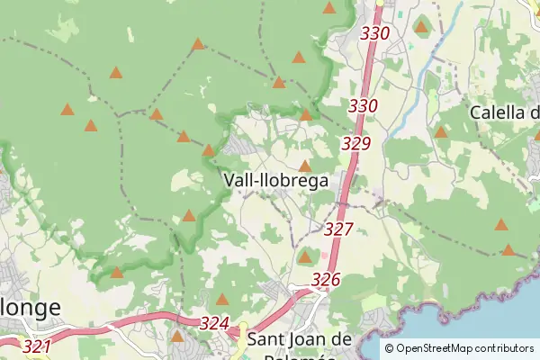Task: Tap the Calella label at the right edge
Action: pos(504,113)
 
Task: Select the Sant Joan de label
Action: pos(299,339)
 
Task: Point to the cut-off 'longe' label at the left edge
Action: pos(31,308)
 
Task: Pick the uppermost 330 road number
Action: pos(374,33)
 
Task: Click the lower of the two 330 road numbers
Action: pos(363,105)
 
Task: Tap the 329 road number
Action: pos(356,143)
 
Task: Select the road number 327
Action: pos(338,229)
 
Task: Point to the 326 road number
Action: pos(326,280)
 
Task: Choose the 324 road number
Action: pos(215,323)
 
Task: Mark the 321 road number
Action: pos(37,346)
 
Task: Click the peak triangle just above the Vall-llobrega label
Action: pos(305,166)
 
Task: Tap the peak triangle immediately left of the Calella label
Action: pos(441,131)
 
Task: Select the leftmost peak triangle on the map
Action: pos(67,110)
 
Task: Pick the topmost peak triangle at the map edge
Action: pos(329,8)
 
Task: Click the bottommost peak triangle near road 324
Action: pos(177,337)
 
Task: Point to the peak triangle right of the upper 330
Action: pos(420,27)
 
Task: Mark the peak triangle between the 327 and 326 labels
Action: pos(305,256)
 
